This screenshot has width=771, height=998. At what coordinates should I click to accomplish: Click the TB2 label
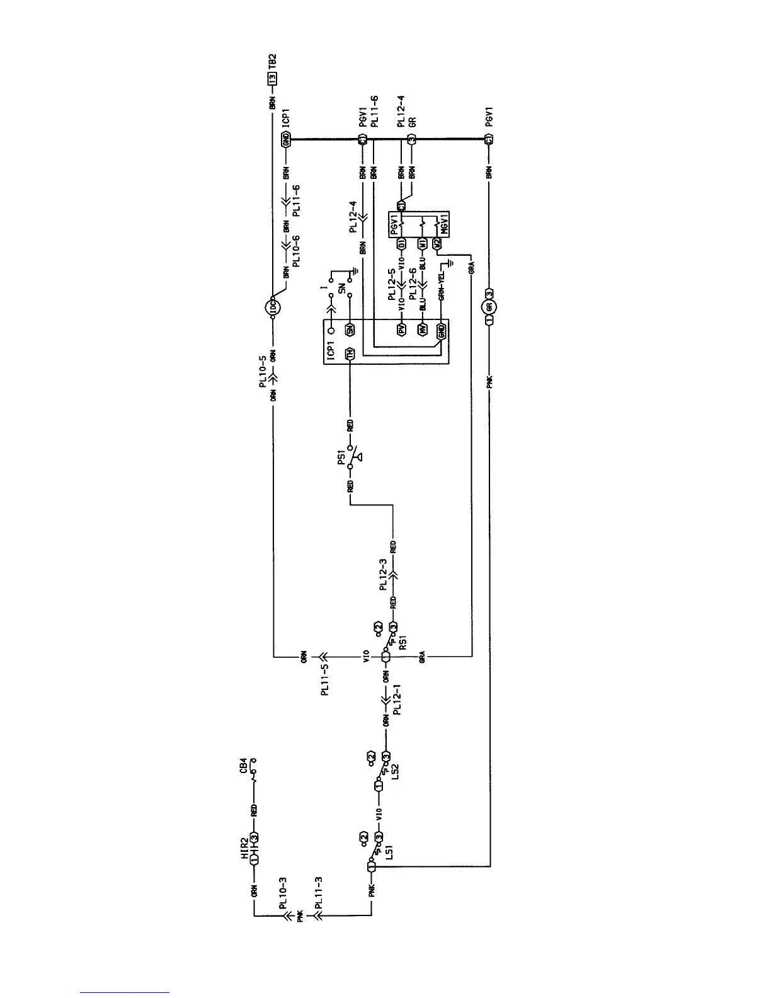(272, 64)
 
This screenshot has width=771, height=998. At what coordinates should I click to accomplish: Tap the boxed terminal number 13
(272, 79)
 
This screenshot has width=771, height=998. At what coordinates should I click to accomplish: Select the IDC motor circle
(272, 307)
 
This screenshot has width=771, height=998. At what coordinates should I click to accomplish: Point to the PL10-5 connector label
(264, 375)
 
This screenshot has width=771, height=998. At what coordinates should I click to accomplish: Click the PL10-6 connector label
(296, 251)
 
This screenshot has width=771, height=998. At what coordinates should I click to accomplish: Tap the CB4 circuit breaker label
(244, 770)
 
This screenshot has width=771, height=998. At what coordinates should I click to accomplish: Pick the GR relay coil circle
(489, 307)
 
